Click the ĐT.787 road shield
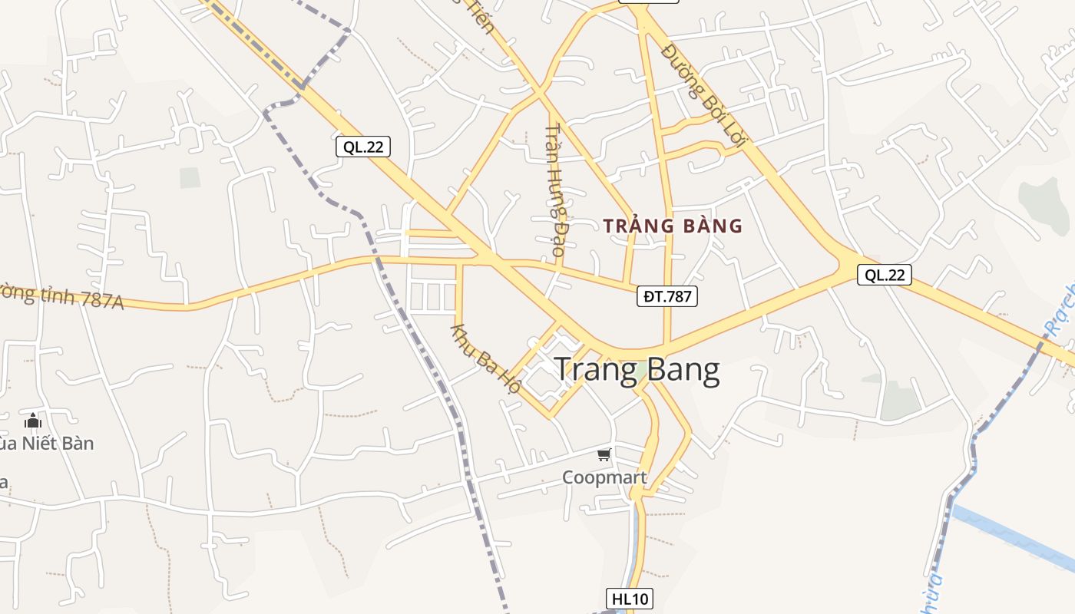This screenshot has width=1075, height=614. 666,296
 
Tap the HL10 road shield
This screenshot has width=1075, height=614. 629,599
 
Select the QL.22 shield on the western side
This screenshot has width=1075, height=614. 363,147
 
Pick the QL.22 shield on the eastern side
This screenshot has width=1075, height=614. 885,275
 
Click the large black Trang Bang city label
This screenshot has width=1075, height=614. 637,370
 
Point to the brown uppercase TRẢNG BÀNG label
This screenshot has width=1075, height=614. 673,226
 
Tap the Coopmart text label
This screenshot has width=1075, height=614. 604,477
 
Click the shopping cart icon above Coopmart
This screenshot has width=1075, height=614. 604,455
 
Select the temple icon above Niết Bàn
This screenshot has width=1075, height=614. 33,421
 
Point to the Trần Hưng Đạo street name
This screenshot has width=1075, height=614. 558,190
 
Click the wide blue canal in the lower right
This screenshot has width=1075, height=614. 1014,537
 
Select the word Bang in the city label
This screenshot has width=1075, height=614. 680,370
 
